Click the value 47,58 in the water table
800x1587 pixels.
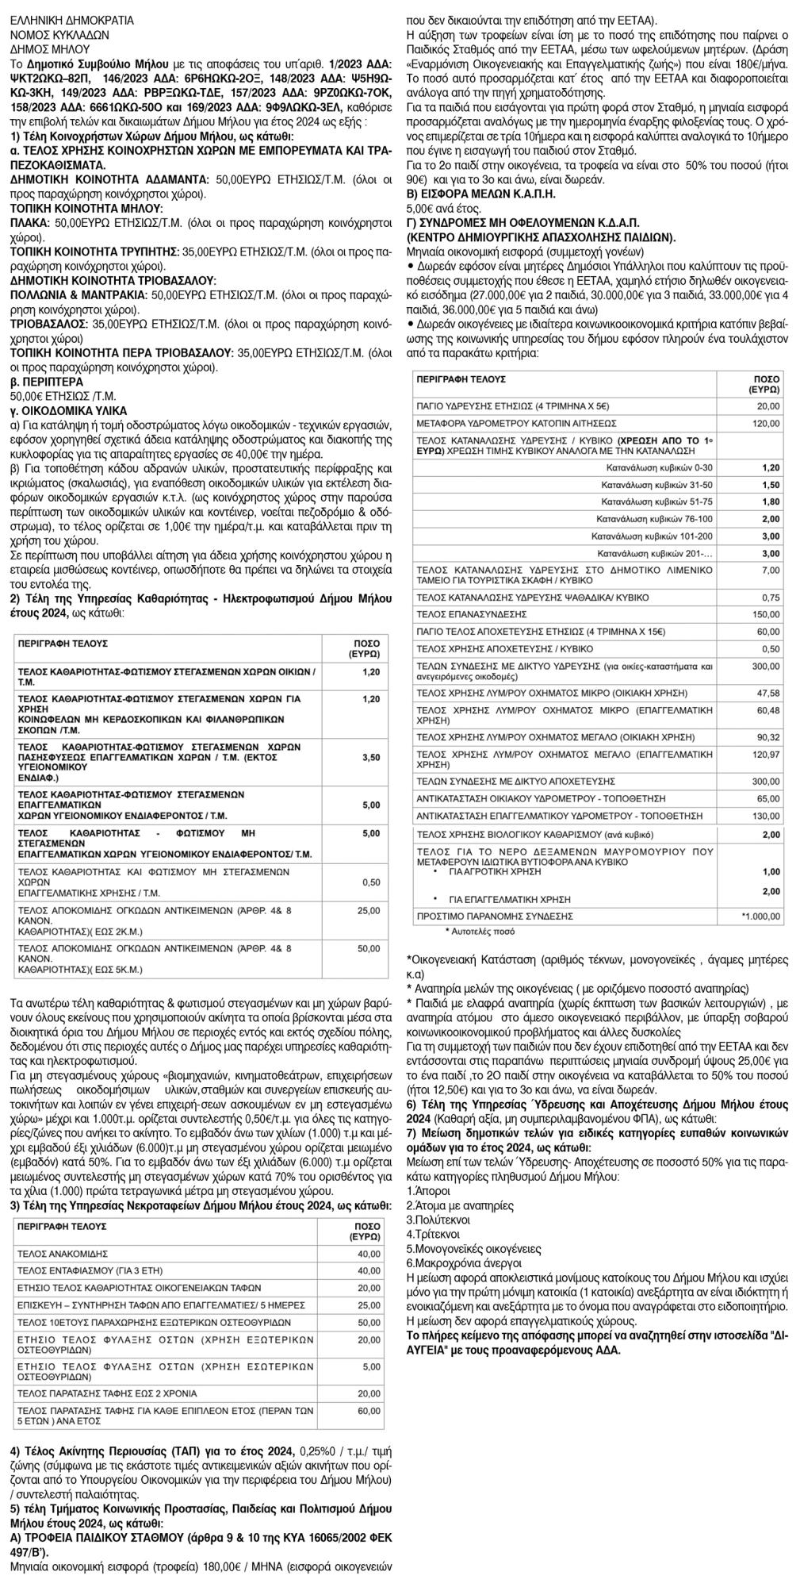click(769, 693)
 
